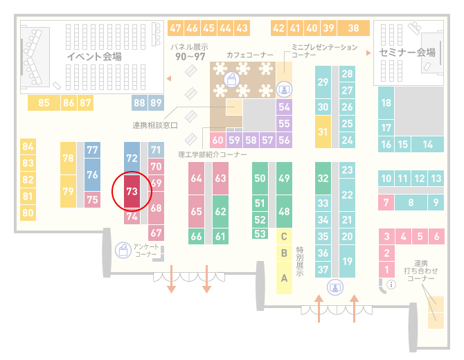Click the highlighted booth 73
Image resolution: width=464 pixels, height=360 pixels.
click(132, 191)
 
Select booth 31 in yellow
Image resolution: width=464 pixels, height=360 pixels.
click(323, 132)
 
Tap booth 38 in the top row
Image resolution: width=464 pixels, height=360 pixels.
click(354, 28)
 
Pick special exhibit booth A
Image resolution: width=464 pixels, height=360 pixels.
click(284, 278)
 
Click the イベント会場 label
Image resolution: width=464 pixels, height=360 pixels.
click(94, 57)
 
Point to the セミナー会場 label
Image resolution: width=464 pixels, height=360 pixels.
click(407, 53)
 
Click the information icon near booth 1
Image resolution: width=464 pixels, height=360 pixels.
click(391, 285)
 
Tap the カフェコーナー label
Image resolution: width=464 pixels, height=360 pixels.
click(250, 55)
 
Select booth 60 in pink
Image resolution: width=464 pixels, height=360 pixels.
click(217, 140)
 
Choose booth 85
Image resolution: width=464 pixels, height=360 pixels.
click(44, 102)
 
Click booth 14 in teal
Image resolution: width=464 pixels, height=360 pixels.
click(427, 145)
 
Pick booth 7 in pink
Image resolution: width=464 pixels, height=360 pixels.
click(386, 203)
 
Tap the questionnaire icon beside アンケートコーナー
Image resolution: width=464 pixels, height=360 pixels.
click(123, 250)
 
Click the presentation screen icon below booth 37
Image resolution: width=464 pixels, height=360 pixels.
click(335, 287)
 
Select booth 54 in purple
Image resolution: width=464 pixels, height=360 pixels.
click(284, 107)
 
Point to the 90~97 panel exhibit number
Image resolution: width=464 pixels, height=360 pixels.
click(190, 57)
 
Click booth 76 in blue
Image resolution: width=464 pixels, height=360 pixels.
click(92, 175)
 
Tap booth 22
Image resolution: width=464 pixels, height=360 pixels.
click(347, 195)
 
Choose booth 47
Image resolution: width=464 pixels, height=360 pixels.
click(175, 28)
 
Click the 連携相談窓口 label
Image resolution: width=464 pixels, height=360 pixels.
click(154, 125)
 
